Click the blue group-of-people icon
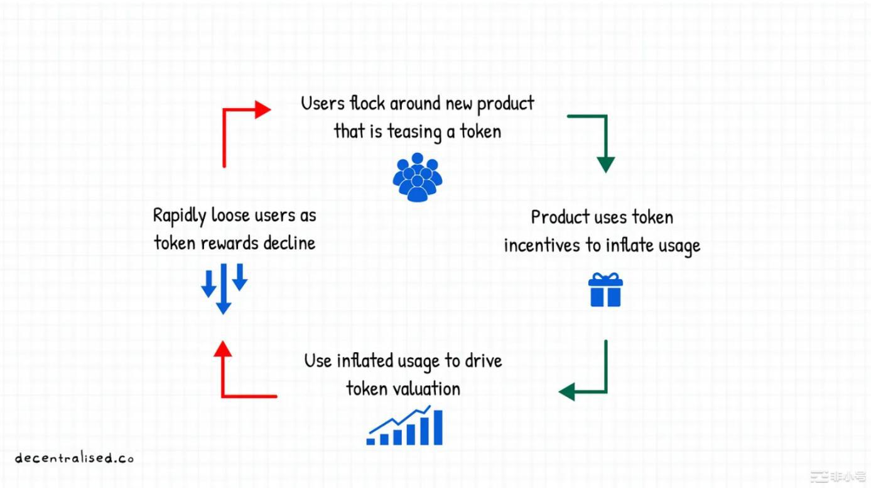[418, 177]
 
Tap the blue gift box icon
[605, 290]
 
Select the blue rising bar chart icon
[405, 426]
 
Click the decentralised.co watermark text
[75, 458]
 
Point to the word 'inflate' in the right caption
[629, 245]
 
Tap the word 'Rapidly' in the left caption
[180, 216]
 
